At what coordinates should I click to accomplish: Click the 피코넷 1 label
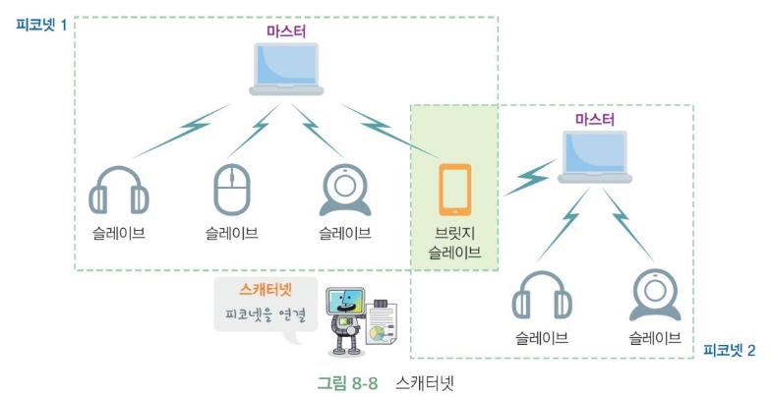[41, 25]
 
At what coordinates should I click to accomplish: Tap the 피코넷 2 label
[730, 350]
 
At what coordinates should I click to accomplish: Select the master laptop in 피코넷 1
[286, 69]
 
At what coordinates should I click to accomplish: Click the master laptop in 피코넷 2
[595, 157]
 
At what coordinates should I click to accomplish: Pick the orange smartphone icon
[454, 190]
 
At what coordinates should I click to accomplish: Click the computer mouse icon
[232, 190]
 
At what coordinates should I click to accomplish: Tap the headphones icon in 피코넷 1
[118, 191]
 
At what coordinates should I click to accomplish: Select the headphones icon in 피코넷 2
[542, 295]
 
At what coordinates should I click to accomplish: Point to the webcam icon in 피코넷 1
[345, 191]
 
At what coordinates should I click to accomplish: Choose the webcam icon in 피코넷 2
[655, 295]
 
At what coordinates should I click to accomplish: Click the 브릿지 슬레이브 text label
[454, 243]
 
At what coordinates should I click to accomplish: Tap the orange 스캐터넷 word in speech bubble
[266, 290]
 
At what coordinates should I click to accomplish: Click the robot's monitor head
[345, 302]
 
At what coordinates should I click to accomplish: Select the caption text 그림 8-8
[347, 383]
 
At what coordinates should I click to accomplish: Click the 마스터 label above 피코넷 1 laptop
[286, 31]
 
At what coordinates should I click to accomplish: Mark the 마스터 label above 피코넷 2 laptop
[595, 120]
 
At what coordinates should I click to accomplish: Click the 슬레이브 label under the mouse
[232, 233]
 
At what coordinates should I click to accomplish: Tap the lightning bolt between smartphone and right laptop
[530, 177]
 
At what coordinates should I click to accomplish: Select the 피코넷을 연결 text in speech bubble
[266, 314]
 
